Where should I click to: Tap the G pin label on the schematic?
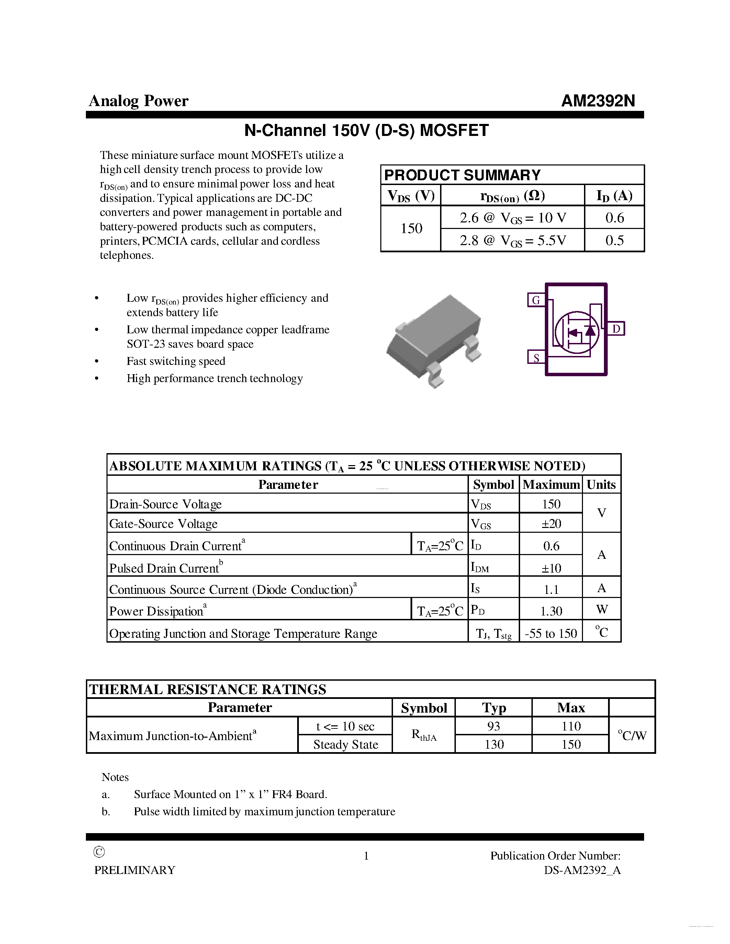(536, 300)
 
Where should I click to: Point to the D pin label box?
(616, 329)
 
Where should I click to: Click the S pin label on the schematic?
(536, 357)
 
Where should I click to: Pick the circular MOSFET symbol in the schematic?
(577, 332)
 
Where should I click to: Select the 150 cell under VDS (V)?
(411, 228)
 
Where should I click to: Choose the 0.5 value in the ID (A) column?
(614, 240)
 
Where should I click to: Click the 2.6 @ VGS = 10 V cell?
(513, 217)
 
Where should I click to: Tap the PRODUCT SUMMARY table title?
(462, 175)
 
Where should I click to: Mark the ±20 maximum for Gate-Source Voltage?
(551, 523)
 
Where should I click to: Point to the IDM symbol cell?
(480, 567)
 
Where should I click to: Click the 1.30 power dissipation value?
(551, 611)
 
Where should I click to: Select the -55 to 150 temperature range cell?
(551, 633)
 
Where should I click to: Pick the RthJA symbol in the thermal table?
(424, 735)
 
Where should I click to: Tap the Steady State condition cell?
(346, 744)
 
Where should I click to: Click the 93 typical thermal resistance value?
(493, 726)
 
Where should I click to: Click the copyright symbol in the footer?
(99, 852)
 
